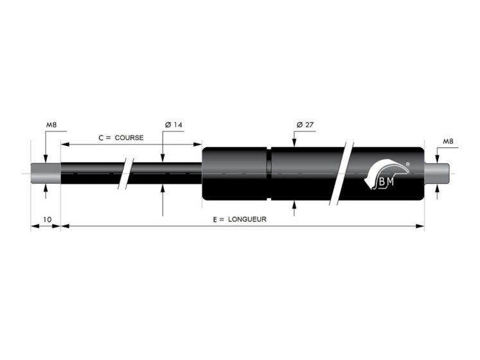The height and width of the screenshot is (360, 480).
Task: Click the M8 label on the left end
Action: point(51,125)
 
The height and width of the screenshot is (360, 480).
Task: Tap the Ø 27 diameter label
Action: point(305,125)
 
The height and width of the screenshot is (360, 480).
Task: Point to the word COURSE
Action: point(130,138)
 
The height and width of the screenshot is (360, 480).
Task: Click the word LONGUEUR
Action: point(247,219)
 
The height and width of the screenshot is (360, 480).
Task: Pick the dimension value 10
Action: point(47,219)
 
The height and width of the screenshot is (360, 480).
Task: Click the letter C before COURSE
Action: point(101,138)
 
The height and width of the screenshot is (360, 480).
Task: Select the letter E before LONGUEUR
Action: point(215,219)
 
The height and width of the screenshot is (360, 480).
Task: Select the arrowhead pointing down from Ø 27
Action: point(294,145)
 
